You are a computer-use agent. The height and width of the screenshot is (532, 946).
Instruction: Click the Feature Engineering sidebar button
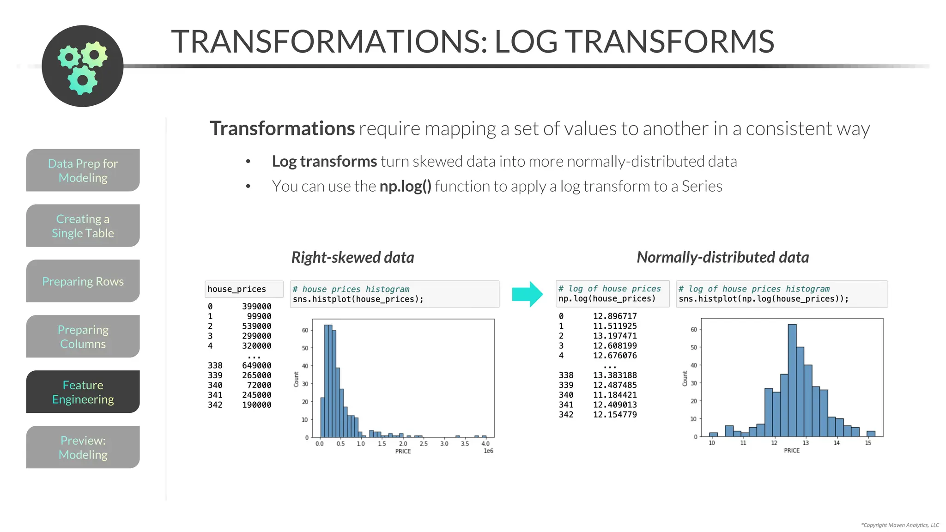83,392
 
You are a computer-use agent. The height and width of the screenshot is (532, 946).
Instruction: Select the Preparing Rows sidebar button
83,281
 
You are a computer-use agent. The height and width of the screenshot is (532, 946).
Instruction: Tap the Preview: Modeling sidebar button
83,447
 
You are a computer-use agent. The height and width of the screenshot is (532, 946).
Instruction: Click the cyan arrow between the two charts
527,294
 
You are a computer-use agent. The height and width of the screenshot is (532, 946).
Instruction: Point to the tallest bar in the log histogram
792,379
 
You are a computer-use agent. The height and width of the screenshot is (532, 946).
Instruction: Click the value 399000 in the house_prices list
256,306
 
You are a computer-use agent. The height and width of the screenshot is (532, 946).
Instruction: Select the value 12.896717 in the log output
614,316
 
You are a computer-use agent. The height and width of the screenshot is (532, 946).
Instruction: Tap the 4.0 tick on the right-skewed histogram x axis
485,444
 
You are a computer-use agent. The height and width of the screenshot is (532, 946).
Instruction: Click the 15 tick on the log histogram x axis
868,443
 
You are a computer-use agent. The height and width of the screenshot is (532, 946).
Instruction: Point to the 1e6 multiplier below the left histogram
488,451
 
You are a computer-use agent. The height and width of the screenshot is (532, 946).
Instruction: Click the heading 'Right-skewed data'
352,257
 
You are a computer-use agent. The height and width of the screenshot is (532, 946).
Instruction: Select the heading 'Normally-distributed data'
722,257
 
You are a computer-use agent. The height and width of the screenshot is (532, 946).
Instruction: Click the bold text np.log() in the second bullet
405,186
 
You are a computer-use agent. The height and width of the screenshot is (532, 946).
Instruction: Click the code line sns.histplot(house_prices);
358,299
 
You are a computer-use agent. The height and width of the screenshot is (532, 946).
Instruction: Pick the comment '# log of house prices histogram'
754,289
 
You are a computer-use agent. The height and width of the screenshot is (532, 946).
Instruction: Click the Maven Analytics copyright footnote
899,525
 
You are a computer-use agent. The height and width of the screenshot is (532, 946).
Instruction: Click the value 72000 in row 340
259,385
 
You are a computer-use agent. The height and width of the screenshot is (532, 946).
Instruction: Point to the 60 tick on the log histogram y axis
693,329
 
